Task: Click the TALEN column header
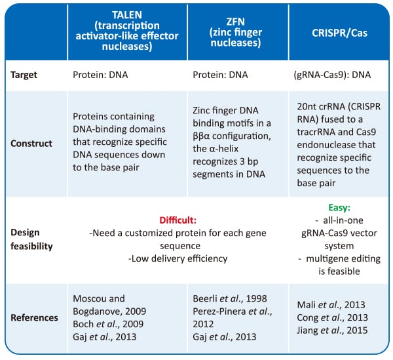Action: click(x=127, y=31)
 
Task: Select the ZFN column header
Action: click(x=236, y=32)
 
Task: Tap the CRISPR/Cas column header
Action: click(x=339, y=33)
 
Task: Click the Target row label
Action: click(x=24, y=75)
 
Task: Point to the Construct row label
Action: click(x=31, y=143)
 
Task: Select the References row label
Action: click(x=34, y=317)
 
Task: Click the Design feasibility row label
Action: click(x=31, y=239)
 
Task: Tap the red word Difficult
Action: click(x=178, y=220)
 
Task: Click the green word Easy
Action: click(x=339, y=207)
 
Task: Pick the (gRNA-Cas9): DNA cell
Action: click(x=332, y=75)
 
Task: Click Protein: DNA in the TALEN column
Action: click(x=100, y=75)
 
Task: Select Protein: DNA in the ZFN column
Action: click(x=220, y=75)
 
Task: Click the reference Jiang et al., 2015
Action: click(x=332, y=330)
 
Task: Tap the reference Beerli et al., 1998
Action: click(x=230, y=298)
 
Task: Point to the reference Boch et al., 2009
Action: click(x=108, y=324)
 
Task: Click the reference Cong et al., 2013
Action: click(x=332, y=317)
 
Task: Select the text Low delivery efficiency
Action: click(x=178, y=258)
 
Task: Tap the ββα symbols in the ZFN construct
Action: click(x=201, y=136)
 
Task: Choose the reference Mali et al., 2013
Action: click(x=331, y=305)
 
